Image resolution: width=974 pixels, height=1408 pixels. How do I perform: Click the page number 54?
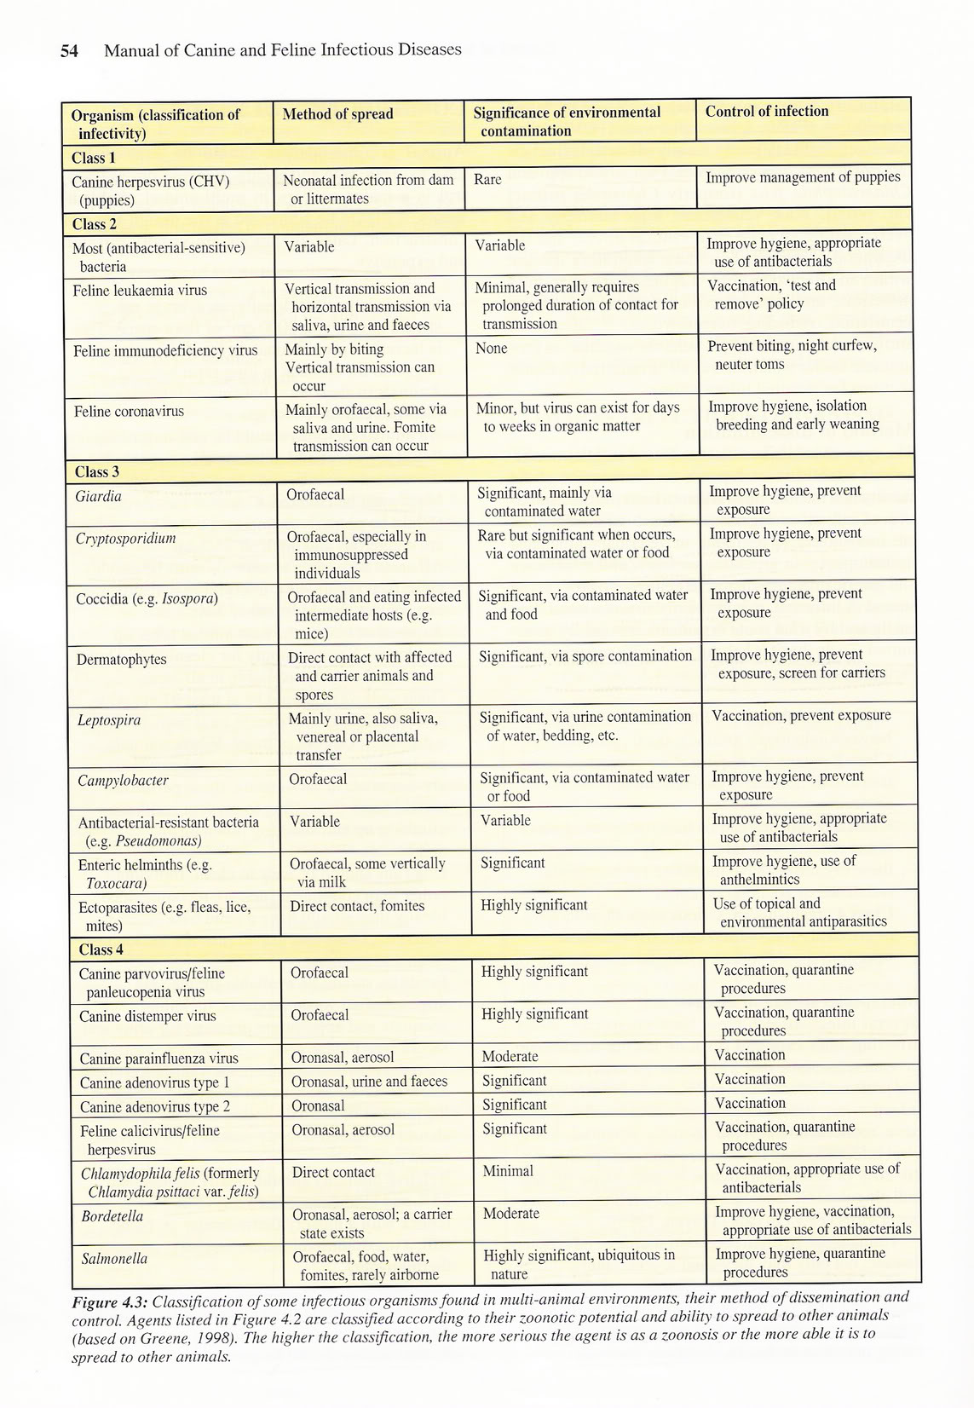69,51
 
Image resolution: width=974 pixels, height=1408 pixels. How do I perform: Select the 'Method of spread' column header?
337,114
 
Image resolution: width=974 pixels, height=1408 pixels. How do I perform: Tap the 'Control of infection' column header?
766,112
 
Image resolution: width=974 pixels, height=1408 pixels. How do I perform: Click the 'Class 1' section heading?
93,158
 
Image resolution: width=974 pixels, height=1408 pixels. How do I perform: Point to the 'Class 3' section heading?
96,472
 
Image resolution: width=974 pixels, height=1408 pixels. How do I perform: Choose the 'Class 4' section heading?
101,949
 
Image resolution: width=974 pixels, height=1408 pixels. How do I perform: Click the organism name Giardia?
98,496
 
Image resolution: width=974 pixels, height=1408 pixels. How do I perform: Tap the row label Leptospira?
109,720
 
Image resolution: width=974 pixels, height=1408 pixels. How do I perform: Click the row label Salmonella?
114,1258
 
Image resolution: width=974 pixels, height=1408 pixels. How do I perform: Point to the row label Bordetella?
112,1215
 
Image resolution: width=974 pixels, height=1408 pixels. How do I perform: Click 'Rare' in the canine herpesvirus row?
487,180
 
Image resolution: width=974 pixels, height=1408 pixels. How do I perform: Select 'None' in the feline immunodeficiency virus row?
492,348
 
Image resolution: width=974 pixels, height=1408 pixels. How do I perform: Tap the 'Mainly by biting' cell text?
334,349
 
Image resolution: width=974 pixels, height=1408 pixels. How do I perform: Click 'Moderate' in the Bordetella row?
510,1213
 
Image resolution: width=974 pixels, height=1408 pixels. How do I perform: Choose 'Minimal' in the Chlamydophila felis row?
508,1171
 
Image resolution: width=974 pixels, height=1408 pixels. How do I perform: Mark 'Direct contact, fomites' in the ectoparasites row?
357,906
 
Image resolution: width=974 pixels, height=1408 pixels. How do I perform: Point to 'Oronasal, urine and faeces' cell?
369,1081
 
